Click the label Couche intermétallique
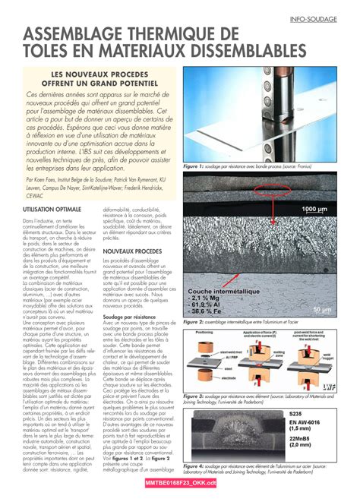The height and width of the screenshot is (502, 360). [x=226, y=292]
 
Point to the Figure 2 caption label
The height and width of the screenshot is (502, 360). [x=191, y=322]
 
